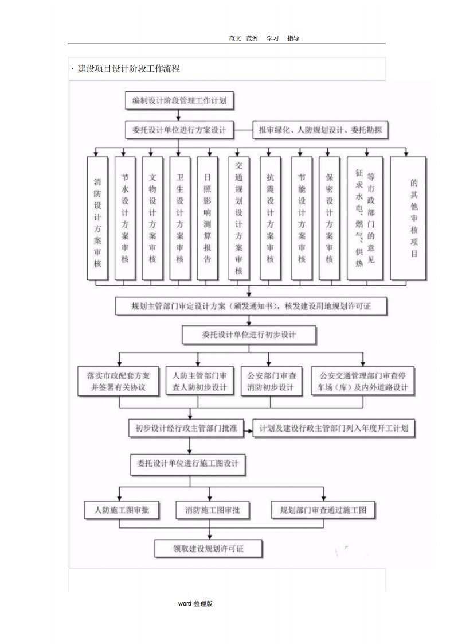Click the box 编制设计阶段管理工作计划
click(179, 101)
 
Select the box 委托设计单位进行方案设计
click(179, 130)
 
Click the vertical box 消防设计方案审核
click(97, 218)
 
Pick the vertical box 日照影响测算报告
click(208, 218)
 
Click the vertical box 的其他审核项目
click(413, 218)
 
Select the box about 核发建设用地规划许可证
click(251, 306)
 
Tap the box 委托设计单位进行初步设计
click(249, 334)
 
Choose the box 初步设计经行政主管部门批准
click(187, 428)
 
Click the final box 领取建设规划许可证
click(209, 548)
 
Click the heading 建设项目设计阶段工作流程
click(128, 69)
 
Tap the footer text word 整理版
click(195, 603)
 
